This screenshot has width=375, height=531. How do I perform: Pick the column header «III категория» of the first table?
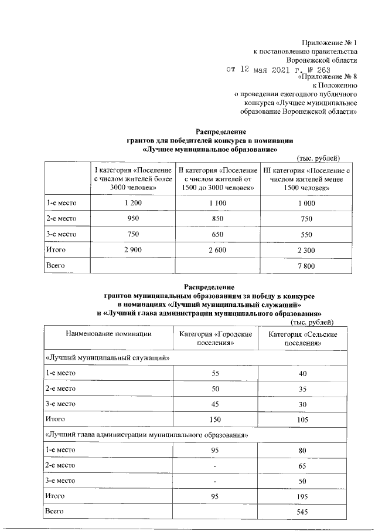[306, 178]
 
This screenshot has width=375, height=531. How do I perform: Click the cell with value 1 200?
[133, 203]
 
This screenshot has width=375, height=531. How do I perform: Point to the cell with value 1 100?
[217, 203]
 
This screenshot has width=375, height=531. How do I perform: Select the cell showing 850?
[217, 219]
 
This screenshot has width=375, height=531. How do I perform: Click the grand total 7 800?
[306, 266]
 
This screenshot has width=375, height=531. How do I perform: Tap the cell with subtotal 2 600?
[217, 251]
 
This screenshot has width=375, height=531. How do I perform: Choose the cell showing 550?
[306, 235]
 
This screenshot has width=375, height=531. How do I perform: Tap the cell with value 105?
[303, 420]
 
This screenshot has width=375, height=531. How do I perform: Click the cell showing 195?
[303, 496]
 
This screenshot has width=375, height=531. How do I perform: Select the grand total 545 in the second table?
[303, 512]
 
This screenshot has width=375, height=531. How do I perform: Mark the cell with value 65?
[303, 465]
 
